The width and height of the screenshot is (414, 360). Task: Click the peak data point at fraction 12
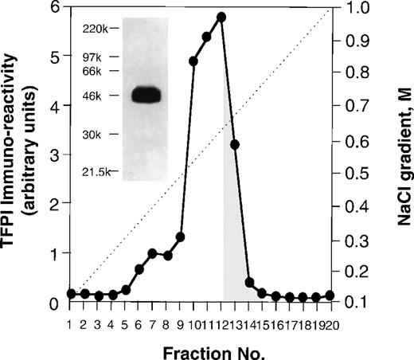click(221, 16)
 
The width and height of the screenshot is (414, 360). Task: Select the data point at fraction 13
click(235, 144)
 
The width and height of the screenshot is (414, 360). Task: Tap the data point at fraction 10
click(193, 61)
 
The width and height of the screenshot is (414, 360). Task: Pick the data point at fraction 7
click(152, 252)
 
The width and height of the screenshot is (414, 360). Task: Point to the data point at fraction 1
click(71, 293)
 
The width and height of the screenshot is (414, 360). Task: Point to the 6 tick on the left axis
click(55, 8)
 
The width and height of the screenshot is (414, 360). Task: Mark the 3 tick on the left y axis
click(55, 155)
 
